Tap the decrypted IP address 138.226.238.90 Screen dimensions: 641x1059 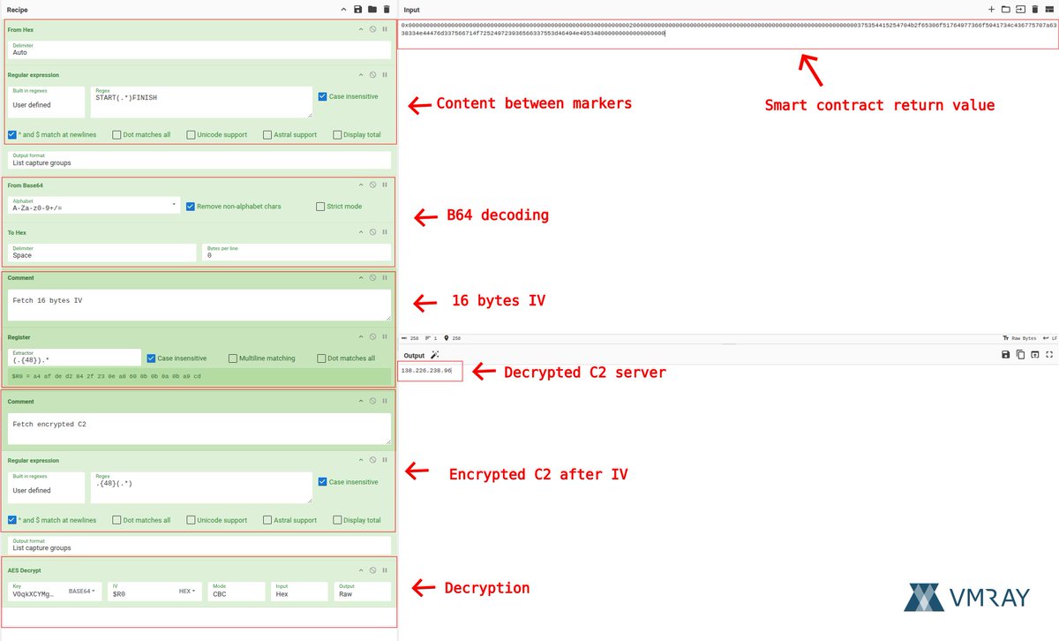pos(426,371)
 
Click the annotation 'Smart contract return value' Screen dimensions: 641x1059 pos(879,105)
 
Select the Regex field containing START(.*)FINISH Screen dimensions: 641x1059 pos(201,102)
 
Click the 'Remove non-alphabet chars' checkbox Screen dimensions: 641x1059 pos(190,207)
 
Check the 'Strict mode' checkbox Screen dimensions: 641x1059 pos(320,207)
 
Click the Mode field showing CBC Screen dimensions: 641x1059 pos(237,592)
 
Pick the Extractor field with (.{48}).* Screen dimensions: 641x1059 pos(74,358)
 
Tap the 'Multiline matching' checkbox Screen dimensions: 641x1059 pos(233,358)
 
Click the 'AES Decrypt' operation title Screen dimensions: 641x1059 pos(25,570)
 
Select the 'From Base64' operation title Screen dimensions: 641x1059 pos(26,185)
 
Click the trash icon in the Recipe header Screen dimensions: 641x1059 pos(387,9)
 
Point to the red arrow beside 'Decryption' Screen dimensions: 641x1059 pos(424,588)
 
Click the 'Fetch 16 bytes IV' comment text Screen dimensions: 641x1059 pos(48,300)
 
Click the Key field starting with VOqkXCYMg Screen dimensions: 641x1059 pos(34,594)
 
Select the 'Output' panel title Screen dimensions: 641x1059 pos(414,355)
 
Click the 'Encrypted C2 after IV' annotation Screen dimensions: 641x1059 pos(538,474)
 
